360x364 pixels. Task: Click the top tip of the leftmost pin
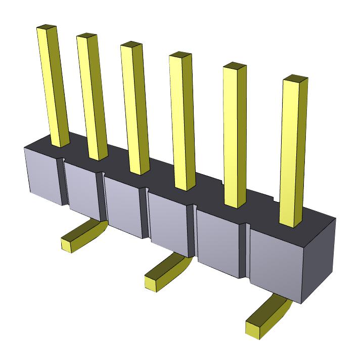[x=47, y=26]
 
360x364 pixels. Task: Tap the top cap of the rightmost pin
[x=295, y=78]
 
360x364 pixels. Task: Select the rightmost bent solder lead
[x=268, y=316]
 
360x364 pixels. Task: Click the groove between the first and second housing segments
[x=63, y=182]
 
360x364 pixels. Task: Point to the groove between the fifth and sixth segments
[x=247, y=251]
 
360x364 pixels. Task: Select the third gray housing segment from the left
[x=124, y=205]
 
